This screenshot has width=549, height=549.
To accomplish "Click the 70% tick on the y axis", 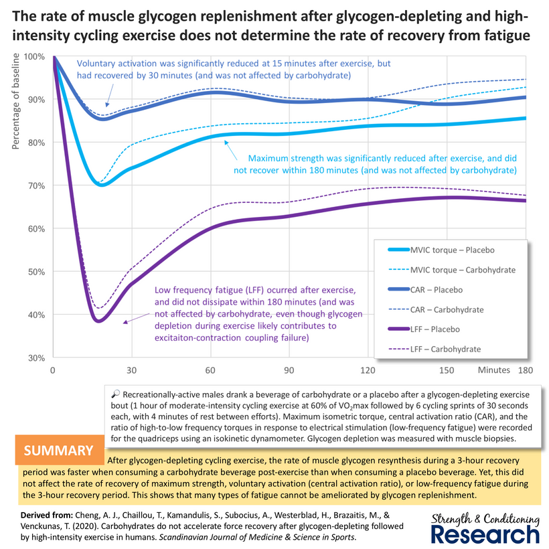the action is tap(36, 186).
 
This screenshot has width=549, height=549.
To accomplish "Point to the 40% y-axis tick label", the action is tap(36, 315).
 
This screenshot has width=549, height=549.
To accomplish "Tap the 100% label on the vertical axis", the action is tap(34, 57).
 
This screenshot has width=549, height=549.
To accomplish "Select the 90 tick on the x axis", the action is tap(289, 370).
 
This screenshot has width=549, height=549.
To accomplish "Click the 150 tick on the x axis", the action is tap(447, 370).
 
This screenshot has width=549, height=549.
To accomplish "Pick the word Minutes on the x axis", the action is tap(494, 370).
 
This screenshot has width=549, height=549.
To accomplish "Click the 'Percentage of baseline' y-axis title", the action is tap(15, 101).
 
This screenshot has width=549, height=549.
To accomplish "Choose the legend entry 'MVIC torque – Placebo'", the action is tap(441, 250).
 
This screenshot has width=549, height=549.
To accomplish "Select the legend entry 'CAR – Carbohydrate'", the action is tap(436, 309).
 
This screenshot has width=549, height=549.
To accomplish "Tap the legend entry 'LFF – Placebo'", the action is tap(424, 329).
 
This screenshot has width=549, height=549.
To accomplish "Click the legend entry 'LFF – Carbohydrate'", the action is tap(434, 349).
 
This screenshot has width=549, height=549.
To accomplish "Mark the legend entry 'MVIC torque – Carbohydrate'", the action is tap(452, 270).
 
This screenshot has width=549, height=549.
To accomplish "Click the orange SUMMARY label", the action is tap(58, 451).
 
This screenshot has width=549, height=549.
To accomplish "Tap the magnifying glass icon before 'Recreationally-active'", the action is tap(115, 394).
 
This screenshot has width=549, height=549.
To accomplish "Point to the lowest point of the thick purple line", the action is tap(99, 321).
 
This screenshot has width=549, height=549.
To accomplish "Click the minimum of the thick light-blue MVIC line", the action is tap(101, 185).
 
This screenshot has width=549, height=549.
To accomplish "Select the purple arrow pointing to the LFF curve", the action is tap(136, 318).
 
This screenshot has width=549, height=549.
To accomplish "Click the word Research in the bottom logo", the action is tap(485, 535).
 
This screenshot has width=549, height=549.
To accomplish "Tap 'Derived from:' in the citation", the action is tap(47, 516).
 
